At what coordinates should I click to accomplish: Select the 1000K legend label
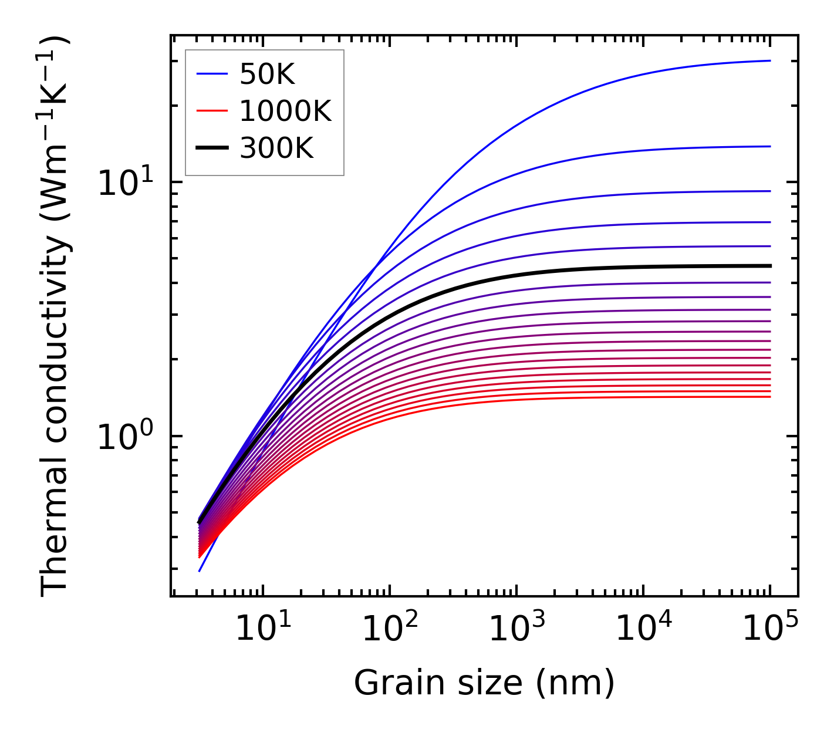[x=285, y=111]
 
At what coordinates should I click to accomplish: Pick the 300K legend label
[x=276, y=148]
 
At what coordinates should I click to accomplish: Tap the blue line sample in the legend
[x=211, y=74]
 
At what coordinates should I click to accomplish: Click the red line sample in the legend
[x=211, y=111]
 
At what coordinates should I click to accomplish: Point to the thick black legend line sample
[x=211, y=148]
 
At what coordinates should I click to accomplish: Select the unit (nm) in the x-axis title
[x=575, y=683]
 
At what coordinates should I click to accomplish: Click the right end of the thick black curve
[x=769, y=266]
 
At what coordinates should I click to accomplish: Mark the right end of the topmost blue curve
[x=769, y=60]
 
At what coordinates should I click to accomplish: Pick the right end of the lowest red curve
[x=769, y=397]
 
